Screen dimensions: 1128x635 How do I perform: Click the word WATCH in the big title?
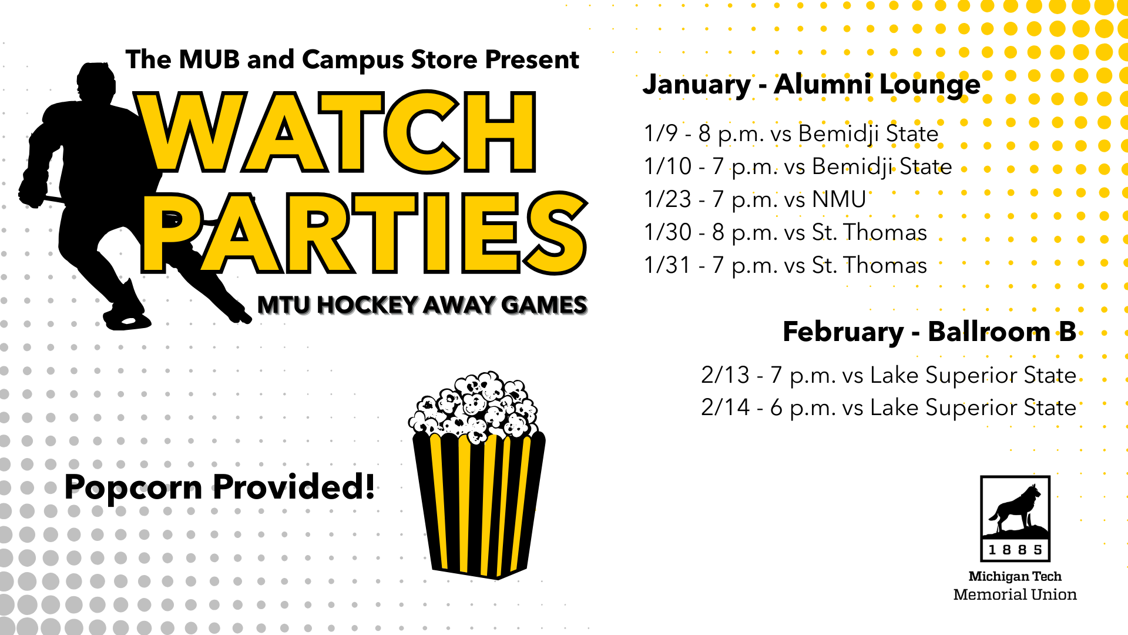(x=336, y=132)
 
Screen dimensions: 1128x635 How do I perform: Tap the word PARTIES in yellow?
(x=364, y=233)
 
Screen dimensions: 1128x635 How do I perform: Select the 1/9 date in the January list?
(x=661, y=133)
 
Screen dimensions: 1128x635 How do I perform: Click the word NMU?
(x=839, y=200)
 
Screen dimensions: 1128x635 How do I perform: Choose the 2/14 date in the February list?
(x=726, y=407)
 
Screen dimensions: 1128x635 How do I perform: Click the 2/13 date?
(x=726, y=375)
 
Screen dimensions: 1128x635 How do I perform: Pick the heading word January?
(x=697, y=85)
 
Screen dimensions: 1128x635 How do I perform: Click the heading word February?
(x=843, y=333)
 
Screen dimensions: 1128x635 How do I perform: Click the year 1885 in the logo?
(x=1015, y=550)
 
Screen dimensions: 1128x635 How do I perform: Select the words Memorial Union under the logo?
(x=1015, y=594)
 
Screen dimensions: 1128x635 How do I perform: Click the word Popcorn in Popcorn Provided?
(x=133, y=488)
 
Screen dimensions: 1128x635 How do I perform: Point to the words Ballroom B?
(x=1002, y=332)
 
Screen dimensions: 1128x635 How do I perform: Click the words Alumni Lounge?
(x=877, y=85)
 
